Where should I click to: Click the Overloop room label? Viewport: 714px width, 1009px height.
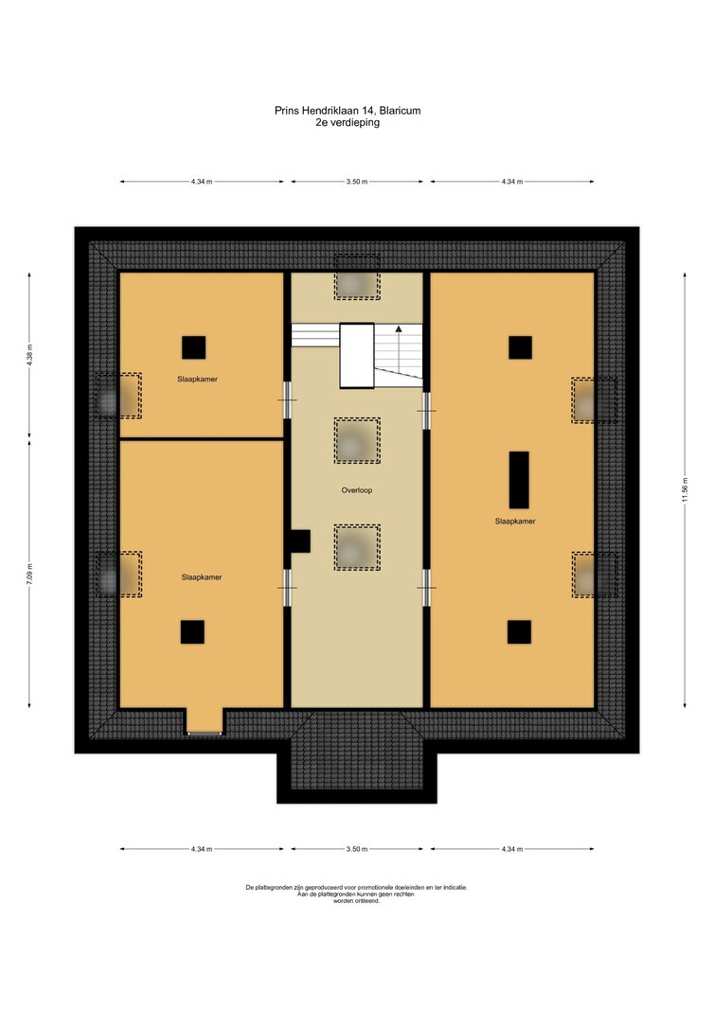(x=357, y=490)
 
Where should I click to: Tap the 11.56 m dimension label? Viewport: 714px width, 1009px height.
(x=686, y=489)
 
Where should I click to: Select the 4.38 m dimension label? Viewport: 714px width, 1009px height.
(x=29, y=355)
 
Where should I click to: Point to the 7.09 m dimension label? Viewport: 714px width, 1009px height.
(x=29, y=574)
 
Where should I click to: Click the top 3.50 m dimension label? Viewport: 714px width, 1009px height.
(x=357, y=182)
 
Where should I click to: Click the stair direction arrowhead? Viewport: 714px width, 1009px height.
(x=399, y=328)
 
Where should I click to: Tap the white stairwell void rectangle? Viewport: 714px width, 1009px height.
(x=357, y=356)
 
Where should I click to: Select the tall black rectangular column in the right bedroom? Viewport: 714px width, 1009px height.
(x=519, y=480)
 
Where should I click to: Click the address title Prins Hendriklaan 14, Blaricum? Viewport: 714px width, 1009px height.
(x=348, y=111)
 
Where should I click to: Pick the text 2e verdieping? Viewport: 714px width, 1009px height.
(x=348, y=122)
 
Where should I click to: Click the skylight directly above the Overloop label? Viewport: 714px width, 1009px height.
(x=357, y=441)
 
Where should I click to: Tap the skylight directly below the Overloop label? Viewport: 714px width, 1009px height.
(x=357, y=547)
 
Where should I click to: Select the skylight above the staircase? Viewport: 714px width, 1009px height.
(x=357, y=276)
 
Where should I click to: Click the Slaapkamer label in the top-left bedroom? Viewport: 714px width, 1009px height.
(x=198, y=380)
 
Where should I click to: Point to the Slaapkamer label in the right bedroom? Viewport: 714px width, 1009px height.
(x=515, y=522)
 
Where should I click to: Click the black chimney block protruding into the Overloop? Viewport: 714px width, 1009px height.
(x=299, y=541)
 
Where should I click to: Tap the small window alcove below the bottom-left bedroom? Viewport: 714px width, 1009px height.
(x=205, y=722)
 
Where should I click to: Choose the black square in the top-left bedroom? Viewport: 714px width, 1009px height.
(x=194, y=347)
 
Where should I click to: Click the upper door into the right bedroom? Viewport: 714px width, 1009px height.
(x=426, y=411)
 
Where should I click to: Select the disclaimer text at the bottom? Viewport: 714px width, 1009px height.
(x=357, y=894)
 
